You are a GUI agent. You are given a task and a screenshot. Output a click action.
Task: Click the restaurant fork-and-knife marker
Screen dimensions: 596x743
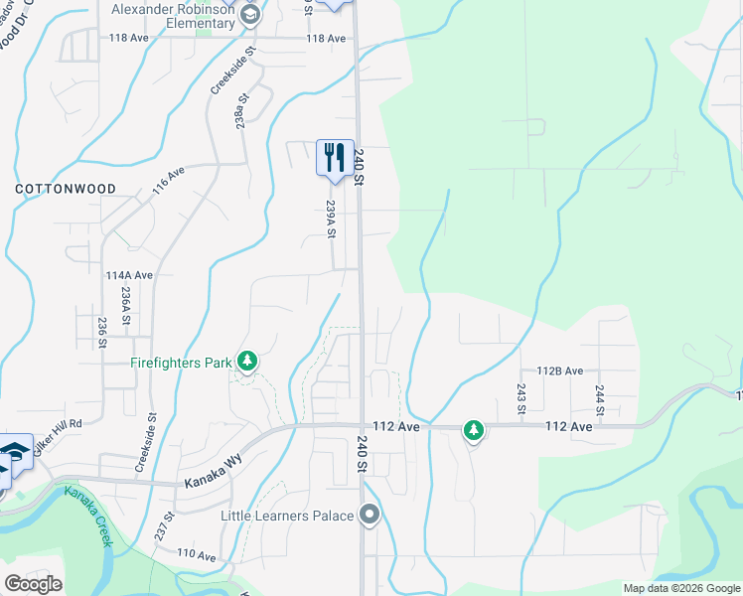[334, 157]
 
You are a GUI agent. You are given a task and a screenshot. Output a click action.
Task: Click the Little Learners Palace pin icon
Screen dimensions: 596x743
[371, 515]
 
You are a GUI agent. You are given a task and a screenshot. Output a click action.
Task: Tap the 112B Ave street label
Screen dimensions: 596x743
[559, 371]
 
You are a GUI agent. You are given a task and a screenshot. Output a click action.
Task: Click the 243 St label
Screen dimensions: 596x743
[520, 398]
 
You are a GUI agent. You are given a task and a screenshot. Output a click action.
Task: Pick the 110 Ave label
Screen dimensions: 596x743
[196, 555]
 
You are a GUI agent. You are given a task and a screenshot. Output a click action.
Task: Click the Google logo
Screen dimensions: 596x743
[33, 584]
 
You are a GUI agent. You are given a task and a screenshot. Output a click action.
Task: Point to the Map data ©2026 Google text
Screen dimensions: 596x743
[680, 588]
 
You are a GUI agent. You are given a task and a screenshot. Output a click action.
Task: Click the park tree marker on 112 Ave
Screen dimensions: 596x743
[474, 430]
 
